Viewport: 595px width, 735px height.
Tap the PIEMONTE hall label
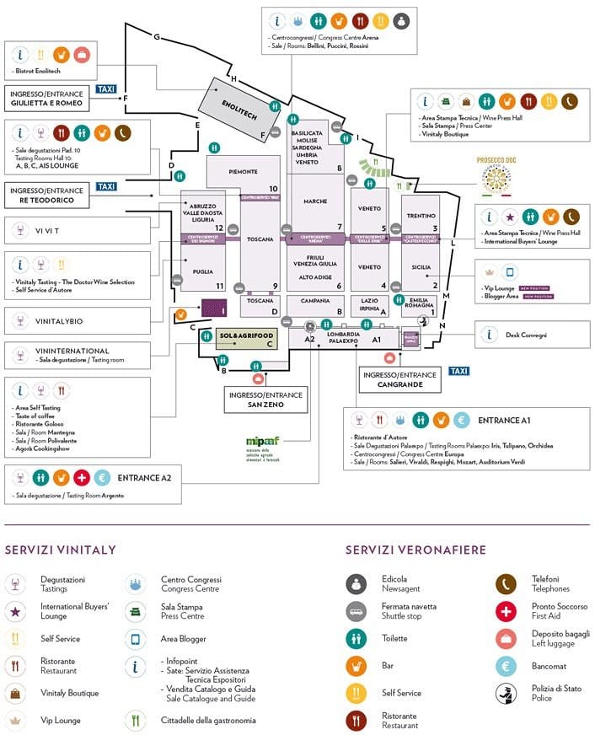click(x=243, y=172)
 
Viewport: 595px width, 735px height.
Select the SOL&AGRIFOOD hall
click(x=237, y=335)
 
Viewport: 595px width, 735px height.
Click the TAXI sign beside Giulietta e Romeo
click(x=105, y=89)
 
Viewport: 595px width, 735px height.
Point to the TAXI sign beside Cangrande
click(x=458, y=371)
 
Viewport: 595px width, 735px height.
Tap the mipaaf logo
click(x=257, y=443)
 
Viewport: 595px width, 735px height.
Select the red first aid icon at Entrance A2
click(x=82, y=478)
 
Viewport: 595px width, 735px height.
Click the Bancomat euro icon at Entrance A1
click(x=461, y=420)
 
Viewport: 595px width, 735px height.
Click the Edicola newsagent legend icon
click(x=356, y=583)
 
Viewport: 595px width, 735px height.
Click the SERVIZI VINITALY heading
click(x=60, y=550)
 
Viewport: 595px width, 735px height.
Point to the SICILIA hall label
click(x=421, y=267)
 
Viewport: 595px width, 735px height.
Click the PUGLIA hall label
click(x=202, y=271)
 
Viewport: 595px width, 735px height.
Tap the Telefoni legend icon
click(x=506, y=583)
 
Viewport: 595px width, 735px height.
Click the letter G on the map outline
click(x=157, y=36)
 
